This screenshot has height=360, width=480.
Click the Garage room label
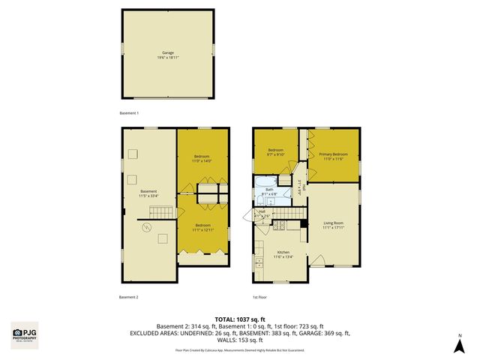168,55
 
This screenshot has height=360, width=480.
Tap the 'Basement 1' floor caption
129,112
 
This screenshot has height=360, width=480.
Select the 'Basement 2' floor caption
129,297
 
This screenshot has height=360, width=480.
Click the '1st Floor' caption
259,297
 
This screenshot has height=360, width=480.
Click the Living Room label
333,225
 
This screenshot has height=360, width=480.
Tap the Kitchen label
283,254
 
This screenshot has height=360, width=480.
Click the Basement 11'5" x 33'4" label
148,194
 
